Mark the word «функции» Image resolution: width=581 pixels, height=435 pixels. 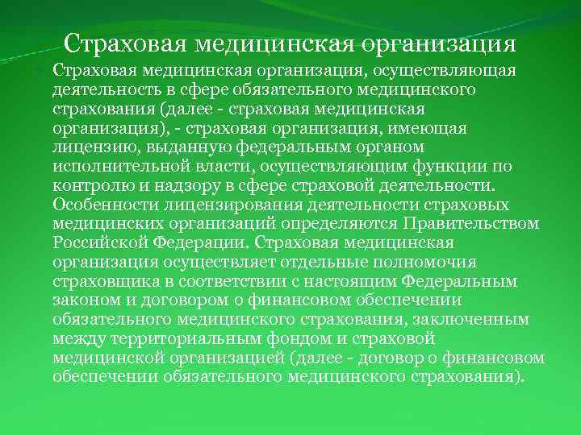[436, 166]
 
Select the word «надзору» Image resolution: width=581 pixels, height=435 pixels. [175, 185]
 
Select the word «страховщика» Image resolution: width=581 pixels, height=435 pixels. [101, 280]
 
